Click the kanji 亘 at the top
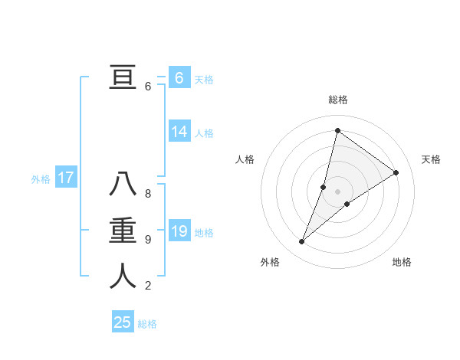[123, 77]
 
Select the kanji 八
[123, 185]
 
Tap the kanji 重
[123, 231]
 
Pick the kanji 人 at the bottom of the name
[123, 277]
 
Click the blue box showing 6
[179, 77]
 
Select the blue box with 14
[179, 132]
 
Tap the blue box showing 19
[179, 231]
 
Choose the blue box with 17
[66, 178]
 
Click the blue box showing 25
[123, 322]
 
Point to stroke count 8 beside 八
[148, 194]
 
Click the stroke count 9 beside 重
[148, 240]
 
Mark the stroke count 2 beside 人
[148, 286]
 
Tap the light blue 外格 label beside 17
[41, 179]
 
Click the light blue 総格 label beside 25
[147, 323]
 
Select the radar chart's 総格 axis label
[337, 100]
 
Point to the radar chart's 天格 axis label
[431, 159]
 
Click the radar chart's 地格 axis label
[402, 262]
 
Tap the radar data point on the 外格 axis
[302, 242]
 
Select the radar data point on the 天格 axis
[396, 172]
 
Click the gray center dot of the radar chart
[337, 191]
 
